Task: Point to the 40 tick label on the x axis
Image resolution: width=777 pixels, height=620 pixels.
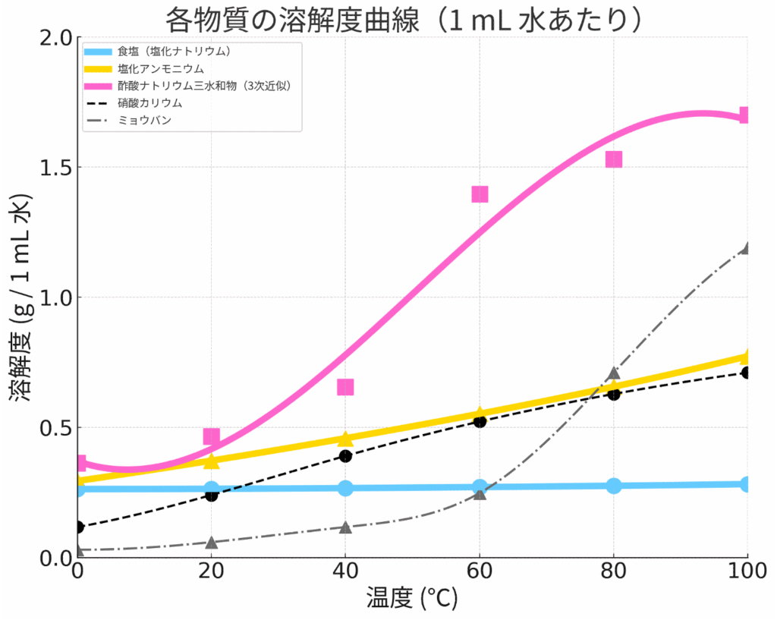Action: click(345, 574)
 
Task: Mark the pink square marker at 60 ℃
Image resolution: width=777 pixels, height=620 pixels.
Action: click(480, 194)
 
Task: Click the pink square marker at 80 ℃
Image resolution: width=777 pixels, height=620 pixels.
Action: click(614, 159)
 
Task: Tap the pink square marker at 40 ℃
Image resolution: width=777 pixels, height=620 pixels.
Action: click(345, 387)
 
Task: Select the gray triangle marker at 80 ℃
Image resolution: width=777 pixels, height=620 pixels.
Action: click(614, 373)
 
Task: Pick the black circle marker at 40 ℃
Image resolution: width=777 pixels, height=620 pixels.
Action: click(345, 456)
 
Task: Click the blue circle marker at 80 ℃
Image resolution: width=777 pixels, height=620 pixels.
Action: click(614, 486)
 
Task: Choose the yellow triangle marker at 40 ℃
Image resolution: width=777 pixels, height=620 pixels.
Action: click(345, 439)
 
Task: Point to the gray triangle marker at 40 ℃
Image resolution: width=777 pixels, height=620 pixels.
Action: click(345, 527)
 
